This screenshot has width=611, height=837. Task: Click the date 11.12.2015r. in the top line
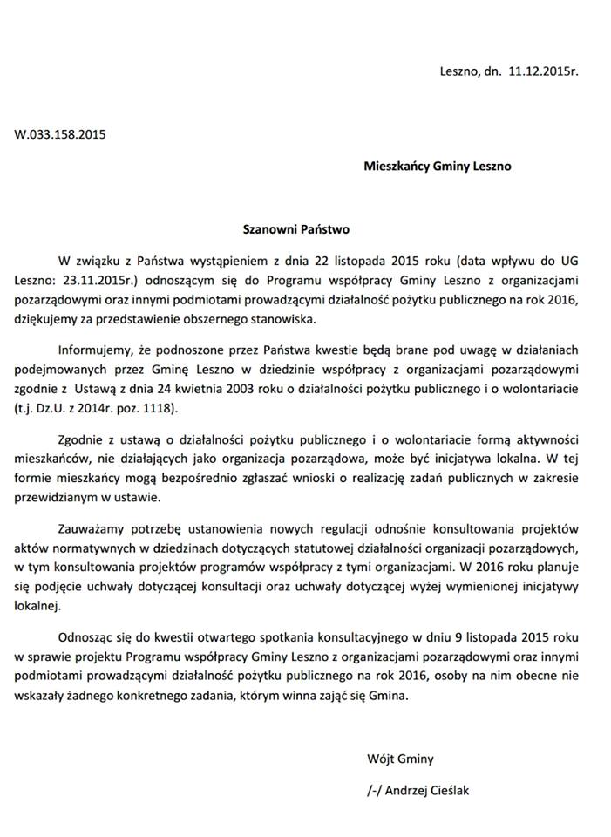coord(543,74)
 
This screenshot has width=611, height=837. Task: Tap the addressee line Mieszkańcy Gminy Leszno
coord(438,166)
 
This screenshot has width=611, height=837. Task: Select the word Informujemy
coord(96,351)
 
